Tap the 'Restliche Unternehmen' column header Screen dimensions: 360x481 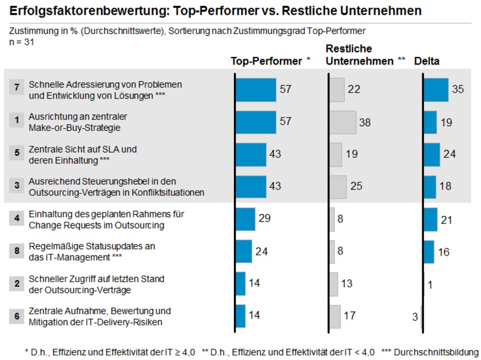[x=361, y=55]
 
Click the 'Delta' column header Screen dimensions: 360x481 [x=427, y=60]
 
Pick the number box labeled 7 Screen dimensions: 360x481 [x=18, y=89]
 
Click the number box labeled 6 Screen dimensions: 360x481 [x=18, y=315]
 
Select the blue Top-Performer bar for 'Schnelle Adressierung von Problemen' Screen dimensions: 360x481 [x=255, y=90]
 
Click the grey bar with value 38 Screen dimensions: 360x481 [x=343, y=122]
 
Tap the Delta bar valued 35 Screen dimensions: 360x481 [x=435, y=90]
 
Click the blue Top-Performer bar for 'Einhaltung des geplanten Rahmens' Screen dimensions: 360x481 [x=245, y=219]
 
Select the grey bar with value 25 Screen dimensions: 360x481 [x=338, y=186]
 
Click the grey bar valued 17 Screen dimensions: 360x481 [x=335, y=315]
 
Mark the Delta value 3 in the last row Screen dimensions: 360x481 [x=415, y=316]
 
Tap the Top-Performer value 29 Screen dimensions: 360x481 [x=265, y=219]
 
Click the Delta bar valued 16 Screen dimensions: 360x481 [x=428, y=251]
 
